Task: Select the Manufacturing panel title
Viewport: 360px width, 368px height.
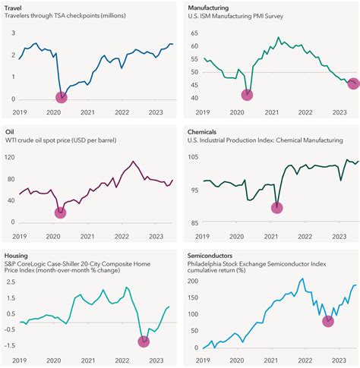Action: tap(209, 7)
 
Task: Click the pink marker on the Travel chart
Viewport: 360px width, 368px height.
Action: tap(61, 96)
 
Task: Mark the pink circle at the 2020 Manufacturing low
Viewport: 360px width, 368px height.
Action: tap(247, 95)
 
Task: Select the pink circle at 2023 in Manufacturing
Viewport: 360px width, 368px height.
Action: tap(353, 84)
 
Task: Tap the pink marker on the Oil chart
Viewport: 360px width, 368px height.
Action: tap(61, 212)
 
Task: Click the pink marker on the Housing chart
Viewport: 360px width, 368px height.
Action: tap(144, 341)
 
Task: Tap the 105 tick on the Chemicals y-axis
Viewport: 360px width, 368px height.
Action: tap(193, 157)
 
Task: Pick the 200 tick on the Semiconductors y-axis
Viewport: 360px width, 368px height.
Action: tap(193, 281)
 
